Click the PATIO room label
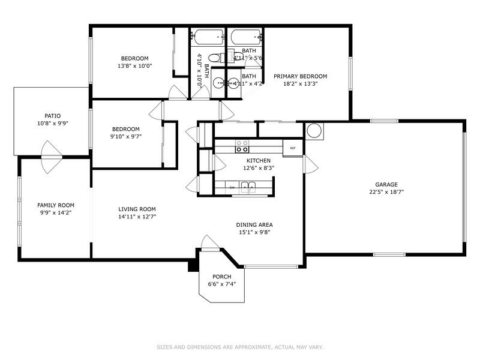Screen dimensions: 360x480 (x=52, y=116)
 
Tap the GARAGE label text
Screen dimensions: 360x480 (x=386, y=185)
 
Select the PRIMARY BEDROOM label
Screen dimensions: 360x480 (x=300, y=76)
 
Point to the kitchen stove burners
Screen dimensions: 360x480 (x=242, y=147)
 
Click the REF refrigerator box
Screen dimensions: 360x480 (x=293, y=148)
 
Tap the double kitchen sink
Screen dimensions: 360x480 (x=249, y=188)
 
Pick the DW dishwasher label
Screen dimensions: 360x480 (x=232, y=188)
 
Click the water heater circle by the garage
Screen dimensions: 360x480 (x=314, y=130)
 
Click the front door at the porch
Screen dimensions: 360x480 (x=209, y=242)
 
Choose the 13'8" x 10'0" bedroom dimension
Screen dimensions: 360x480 (x=134, y=66)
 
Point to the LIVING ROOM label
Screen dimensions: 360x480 (x=137, y=209)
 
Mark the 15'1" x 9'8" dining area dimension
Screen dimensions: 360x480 (x=254, y=232)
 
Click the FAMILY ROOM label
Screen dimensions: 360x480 (x=56, y=205)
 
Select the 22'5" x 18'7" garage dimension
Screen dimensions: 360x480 (x=386, y=193)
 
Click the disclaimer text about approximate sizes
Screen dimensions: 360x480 (x=240, y=347)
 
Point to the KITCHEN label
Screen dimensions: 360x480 (x=259, y=161)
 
